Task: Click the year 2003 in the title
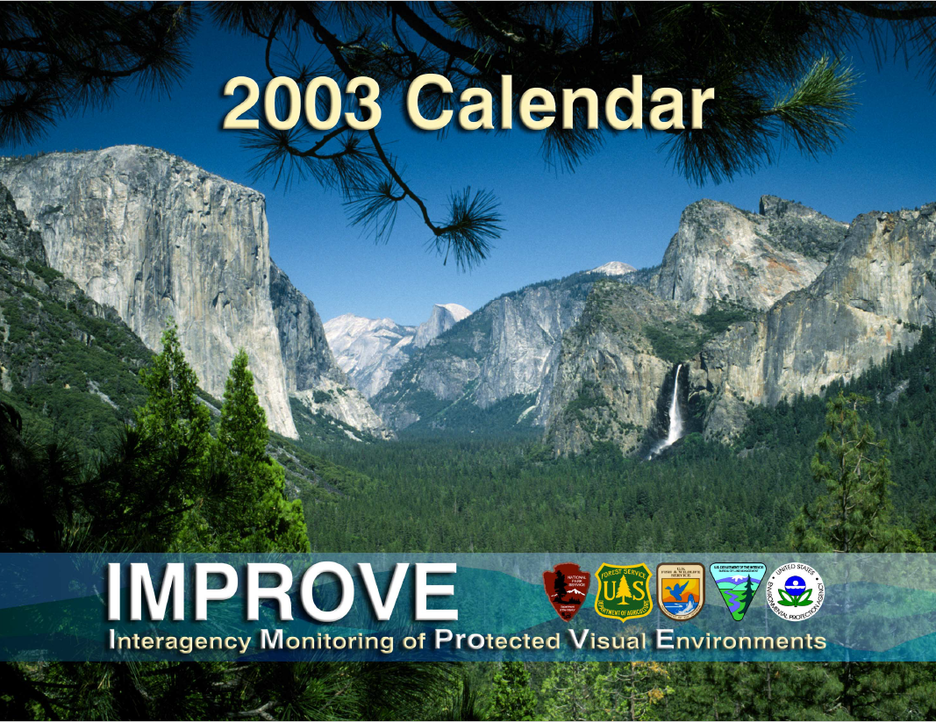click(301, 104)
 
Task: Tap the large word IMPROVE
click(282, 592)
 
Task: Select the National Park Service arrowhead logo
click(566, 591)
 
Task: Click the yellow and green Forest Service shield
click(624, 591)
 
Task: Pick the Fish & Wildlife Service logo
click(680, 591)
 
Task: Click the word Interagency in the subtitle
click(179, 641)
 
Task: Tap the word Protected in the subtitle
click(497, 640)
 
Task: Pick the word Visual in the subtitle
click(604, 640)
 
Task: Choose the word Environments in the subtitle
click(741, 640)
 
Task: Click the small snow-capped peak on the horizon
click(612, 268)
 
